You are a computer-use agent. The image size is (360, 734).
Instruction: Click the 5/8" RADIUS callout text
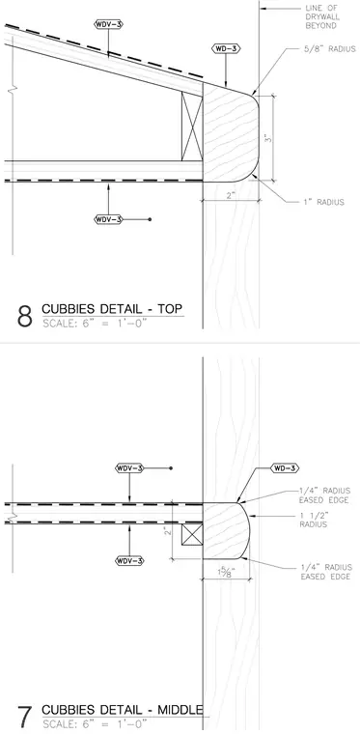point(329,49)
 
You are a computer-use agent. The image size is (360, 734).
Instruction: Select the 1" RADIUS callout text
point(321,202)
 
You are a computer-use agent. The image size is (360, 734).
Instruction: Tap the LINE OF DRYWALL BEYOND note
point(321,16)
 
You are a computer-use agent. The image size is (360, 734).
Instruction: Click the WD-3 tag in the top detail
point(225,48)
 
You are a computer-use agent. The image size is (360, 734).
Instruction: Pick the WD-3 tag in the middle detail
point(285,468)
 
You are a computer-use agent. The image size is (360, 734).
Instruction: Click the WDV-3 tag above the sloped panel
point(108,24)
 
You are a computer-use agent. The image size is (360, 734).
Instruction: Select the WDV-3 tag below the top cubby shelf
point(108,219)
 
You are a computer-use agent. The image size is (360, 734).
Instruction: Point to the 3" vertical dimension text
point(267,138)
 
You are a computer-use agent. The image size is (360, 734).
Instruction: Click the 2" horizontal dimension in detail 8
point(230,196)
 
